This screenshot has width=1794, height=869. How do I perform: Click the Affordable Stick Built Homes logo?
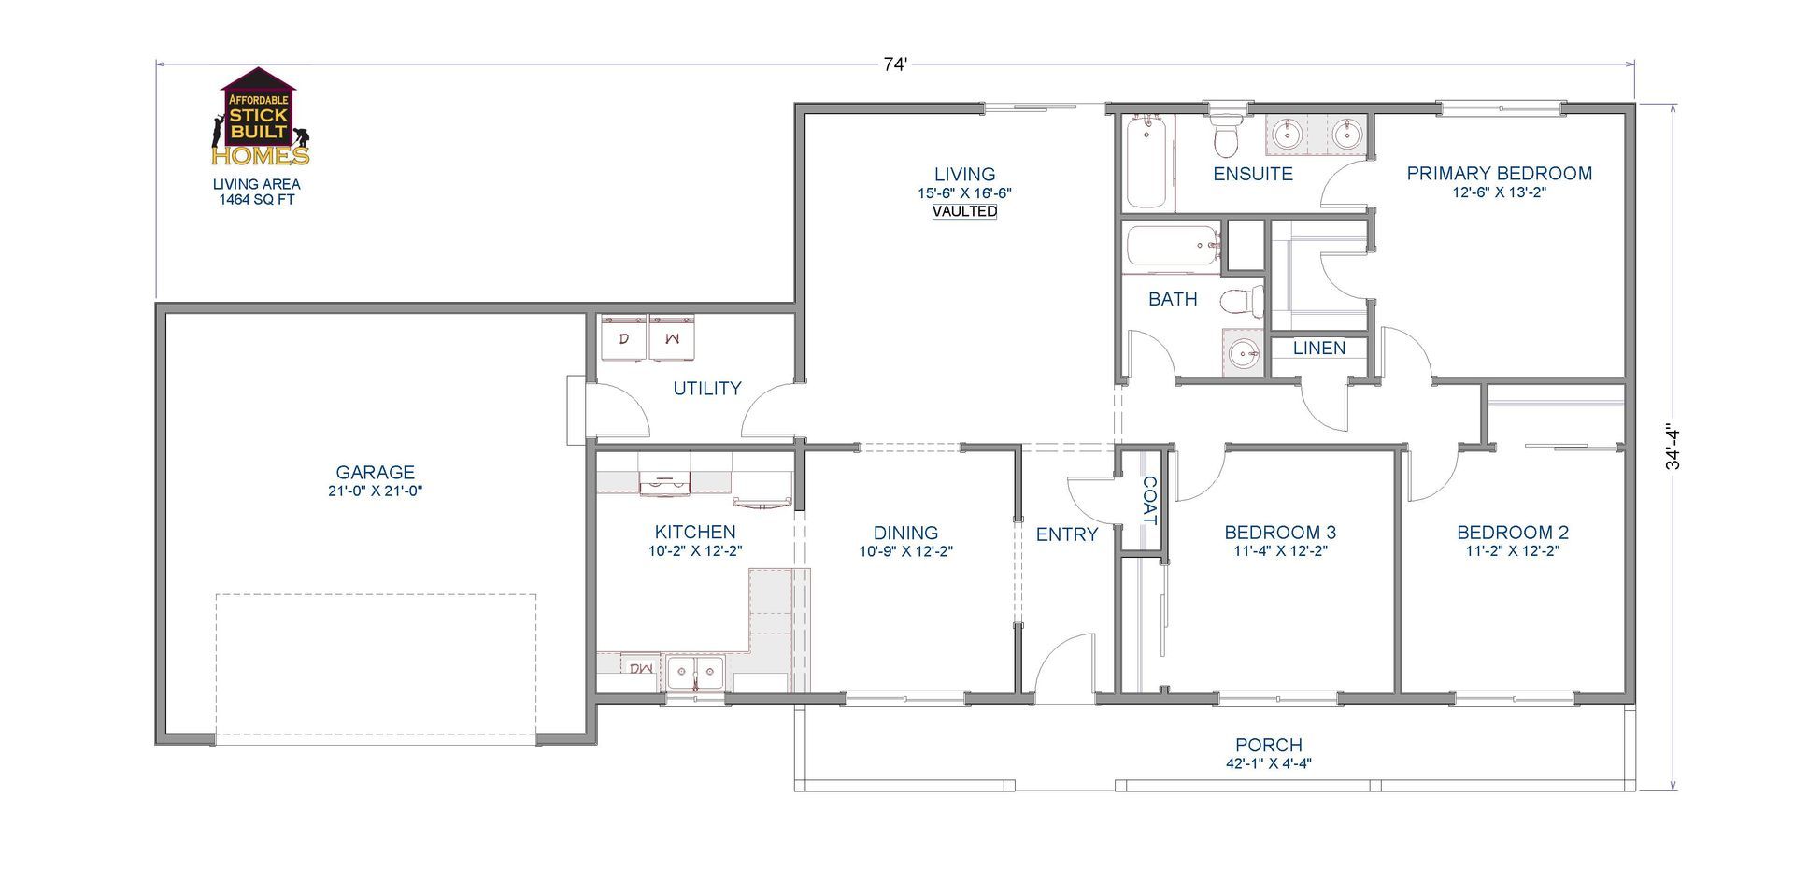[x=260, y=117]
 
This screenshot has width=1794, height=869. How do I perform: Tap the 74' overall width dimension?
[x=895, y=64]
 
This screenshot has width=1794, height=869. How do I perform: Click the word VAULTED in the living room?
[x=964, y=211]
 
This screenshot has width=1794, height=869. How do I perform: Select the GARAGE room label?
[x=375, y=473]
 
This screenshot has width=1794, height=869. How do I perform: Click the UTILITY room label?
[x=707, y=389]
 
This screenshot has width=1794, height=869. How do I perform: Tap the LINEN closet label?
[x=1319, y=349]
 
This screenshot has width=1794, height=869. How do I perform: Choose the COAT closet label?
[x=1149, y=501]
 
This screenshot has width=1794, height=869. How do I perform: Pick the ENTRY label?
[x=1067, y=534]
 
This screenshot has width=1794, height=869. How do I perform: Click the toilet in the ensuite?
[x=1224, y=133]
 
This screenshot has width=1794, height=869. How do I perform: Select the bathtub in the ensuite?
[x=1146, y=161]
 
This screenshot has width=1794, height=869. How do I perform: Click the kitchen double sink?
[x=695, y=672]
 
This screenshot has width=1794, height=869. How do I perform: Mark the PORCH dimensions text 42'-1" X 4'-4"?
[x=1268, y=763]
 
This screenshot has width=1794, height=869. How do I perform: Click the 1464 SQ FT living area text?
[x=256, y=199]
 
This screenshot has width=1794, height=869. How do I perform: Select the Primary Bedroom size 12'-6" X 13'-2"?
[x=1499, y=192]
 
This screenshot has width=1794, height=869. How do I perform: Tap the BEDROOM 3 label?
[x=1280, y=533]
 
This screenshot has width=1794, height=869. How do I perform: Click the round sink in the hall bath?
[x=1242, y=353]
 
